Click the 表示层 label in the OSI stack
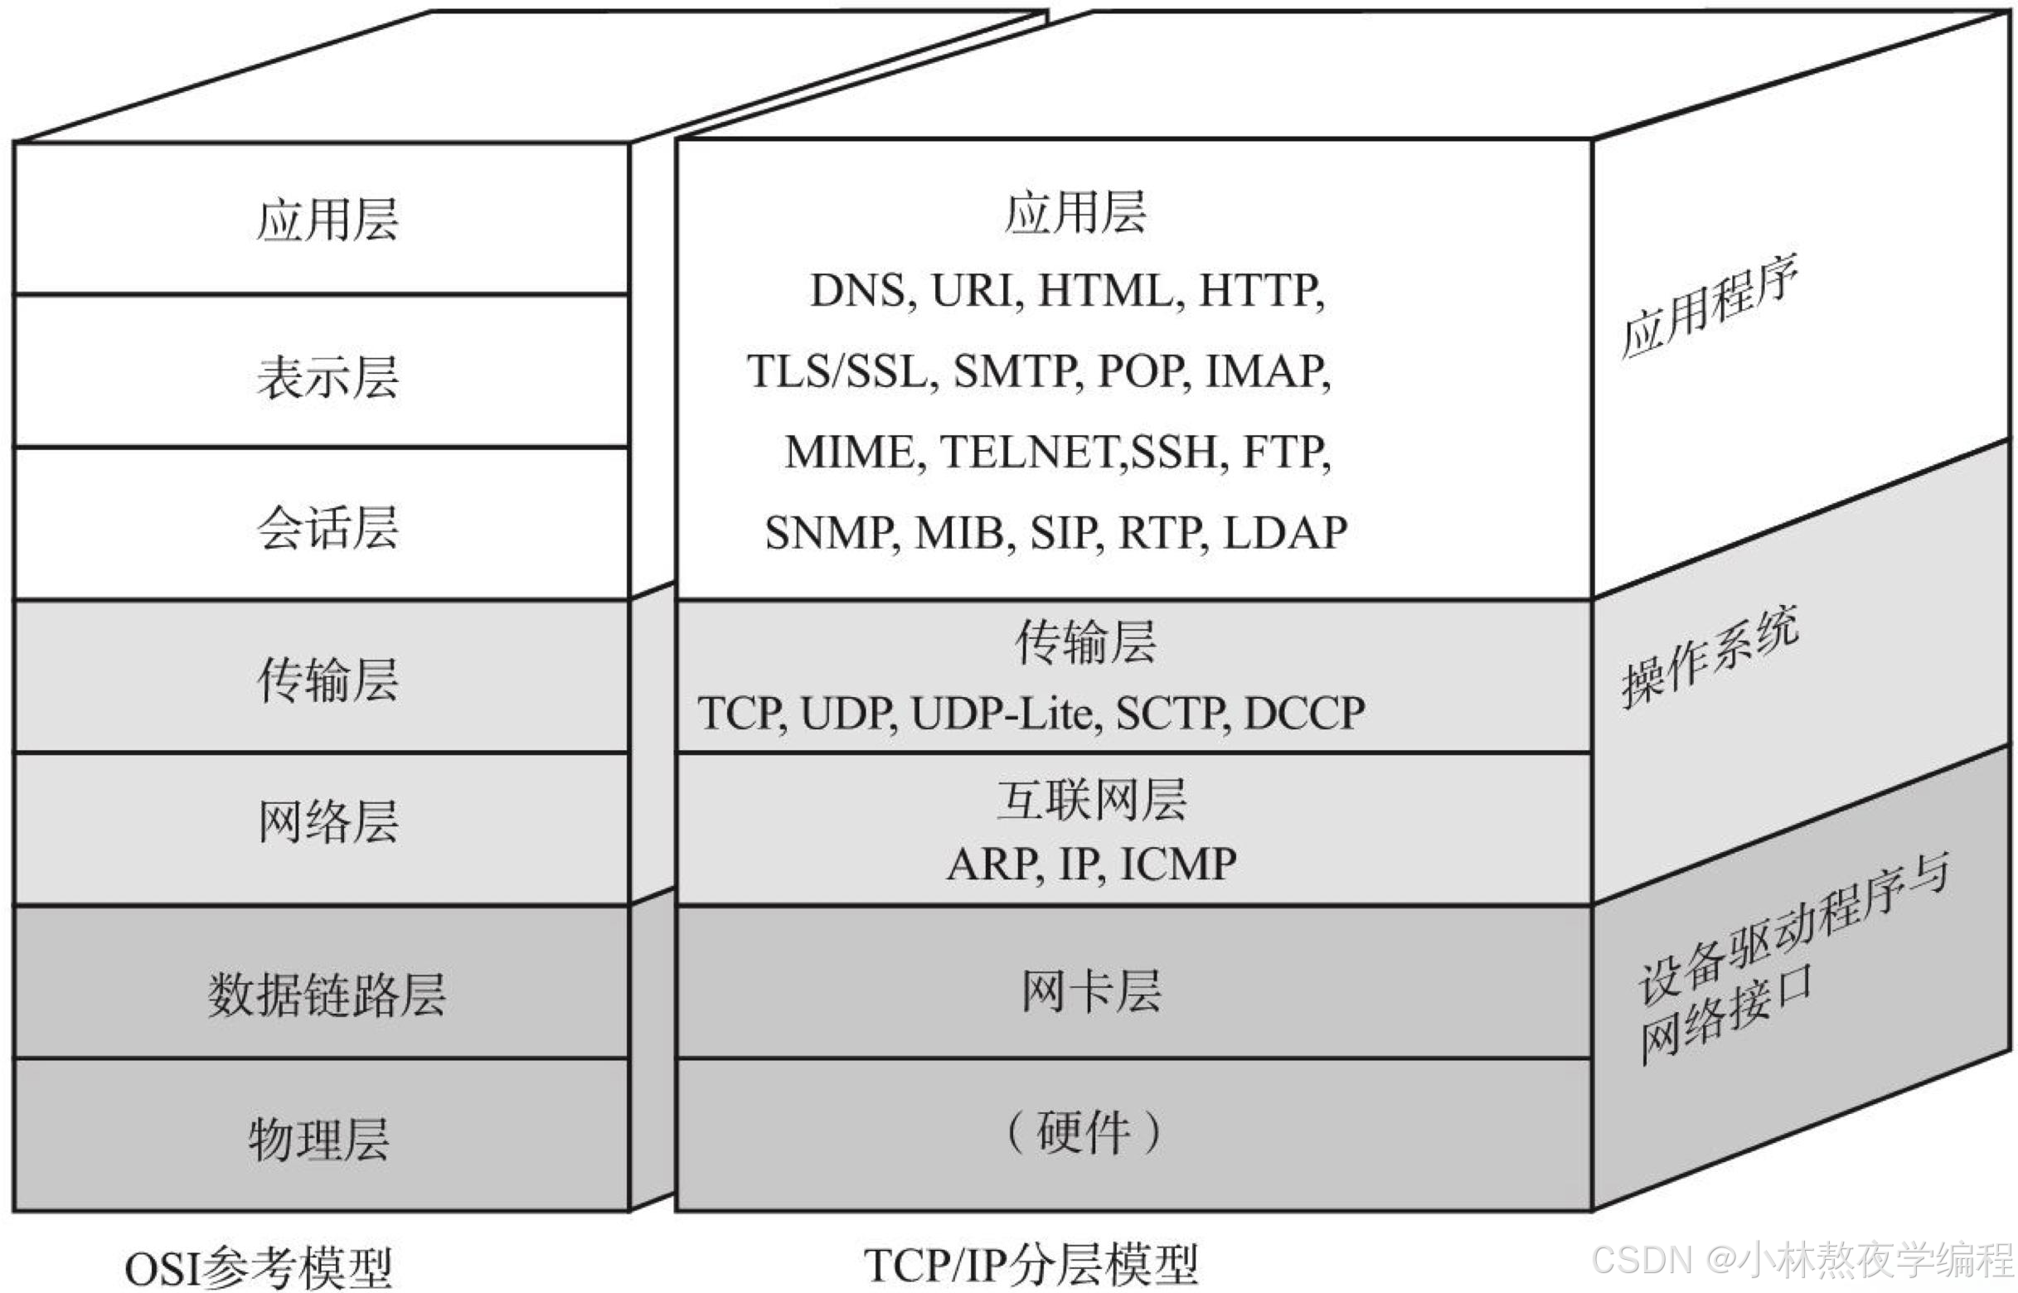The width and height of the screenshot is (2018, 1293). (x=327, y=376)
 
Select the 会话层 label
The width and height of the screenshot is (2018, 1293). (x=327, y=528)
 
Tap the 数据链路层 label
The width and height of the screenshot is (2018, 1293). (x=327, y=995)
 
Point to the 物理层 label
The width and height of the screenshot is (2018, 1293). (x=319, y=1140)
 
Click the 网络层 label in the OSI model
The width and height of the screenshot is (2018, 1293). (x=327, y=821)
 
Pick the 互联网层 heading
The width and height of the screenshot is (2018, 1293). (x=1092, y=799)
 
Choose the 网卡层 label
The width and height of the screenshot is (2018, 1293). (x=1092, y=991)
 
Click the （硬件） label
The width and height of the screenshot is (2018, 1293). (x=1084, y=1133)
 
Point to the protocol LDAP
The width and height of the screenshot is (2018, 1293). (x=1285, y=533)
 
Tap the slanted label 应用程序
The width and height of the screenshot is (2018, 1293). (x=1710, y=308)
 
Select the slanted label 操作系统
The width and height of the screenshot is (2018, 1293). (x=1710, y=656)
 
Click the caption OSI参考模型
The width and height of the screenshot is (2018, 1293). (x=259, y=1268)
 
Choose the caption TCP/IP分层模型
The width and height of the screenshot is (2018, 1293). (x=1031, y=1265)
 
